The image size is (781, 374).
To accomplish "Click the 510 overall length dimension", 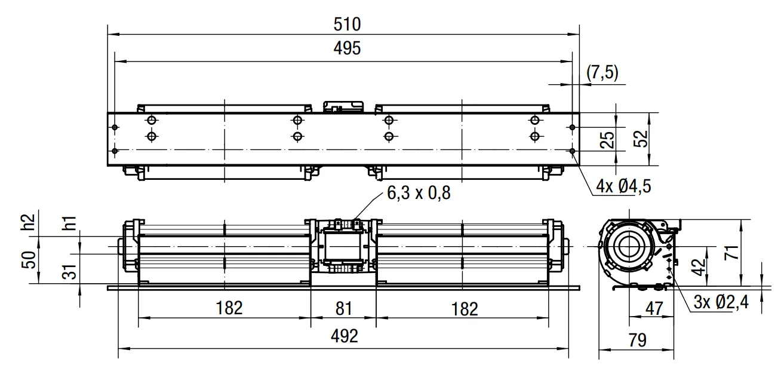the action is [x=347, y=24].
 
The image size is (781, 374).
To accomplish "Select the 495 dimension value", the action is [x=347, y=48].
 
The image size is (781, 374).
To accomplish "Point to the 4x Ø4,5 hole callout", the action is [x=623, y=186].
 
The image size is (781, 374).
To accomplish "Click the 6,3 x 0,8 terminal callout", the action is [x=419, y=193].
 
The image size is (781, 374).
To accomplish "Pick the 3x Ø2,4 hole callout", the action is [x=721, y=302].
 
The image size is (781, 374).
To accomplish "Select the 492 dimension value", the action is [x=345, y=336].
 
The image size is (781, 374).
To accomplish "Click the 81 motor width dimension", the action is [x=344, y=309].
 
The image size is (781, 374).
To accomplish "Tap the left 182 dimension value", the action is [x=229, y=308].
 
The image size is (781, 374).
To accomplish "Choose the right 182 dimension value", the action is [x=465, y=309].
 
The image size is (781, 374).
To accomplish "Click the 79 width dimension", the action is [x=637, y=340].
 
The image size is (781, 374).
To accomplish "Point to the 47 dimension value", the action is [x=654, y=309].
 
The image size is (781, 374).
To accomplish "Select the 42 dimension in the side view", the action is [x=699, y=267].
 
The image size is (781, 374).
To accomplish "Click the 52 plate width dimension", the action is [x=640, y=139].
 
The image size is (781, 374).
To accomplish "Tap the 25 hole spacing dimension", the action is [x=607, y=140].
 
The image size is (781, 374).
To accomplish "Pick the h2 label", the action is [x=28, y=222].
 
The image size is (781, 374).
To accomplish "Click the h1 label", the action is [x=69, y=223].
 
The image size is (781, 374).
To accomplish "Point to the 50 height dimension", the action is [x=29, y=260].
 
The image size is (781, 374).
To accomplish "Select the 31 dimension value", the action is [x=69, y=271].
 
